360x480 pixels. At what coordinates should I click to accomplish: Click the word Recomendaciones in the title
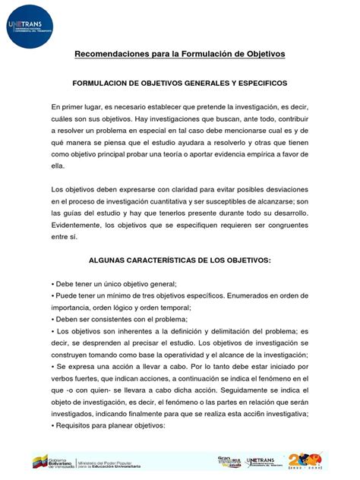(x=106, y=54)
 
